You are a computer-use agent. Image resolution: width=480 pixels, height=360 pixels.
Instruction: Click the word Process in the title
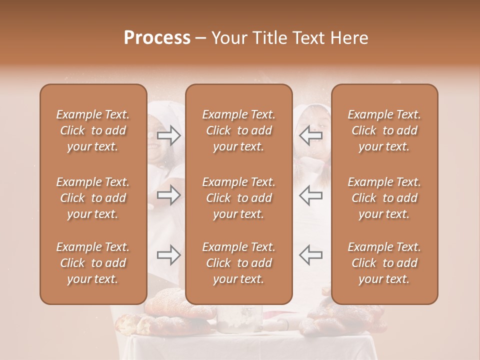pos(157,38)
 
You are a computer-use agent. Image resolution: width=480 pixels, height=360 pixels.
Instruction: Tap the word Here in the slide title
pos(348,38)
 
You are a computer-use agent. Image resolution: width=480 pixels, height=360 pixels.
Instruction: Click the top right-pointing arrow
pos(169,135)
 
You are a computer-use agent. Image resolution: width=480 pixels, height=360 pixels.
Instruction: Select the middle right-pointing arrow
pos(169,195)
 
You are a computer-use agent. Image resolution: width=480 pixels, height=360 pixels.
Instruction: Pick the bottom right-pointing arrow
pos(169,255)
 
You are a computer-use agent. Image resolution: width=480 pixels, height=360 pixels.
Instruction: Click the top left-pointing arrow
pos(311,135)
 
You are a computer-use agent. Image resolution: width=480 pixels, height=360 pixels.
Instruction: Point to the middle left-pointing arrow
pos(311,195)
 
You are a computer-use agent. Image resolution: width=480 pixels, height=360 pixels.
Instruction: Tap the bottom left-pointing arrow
pos(311,255)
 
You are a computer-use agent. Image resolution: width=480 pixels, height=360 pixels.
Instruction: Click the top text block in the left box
pos(93,130)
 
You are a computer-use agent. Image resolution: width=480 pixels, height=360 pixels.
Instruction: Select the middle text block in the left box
pos(93,198)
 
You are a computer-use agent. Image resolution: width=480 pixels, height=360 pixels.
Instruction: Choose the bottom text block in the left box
pos(93,263)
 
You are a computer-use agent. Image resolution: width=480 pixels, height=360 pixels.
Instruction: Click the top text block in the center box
pos(238,130)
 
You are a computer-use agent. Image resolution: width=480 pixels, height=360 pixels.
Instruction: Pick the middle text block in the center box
pos(238,198)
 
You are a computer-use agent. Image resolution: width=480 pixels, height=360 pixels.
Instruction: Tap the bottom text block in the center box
pos(238,263)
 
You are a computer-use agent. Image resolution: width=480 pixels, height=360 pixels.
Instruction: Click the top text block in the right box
pos(384,130)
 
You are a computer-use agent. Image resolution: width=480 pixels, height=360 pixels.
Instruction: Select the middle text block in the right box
pos(384,198)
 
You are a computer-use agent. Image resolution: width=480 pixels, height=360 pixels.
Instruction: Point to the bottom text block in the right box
pos(384,263)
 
